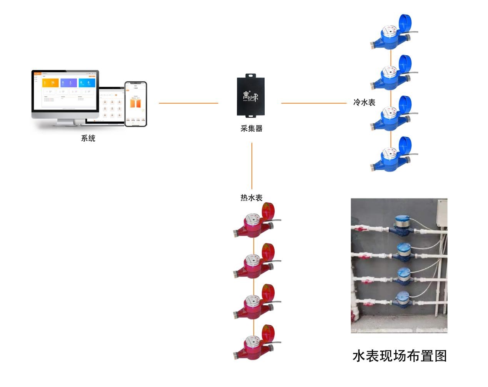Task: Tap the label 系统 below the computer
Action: click(x=88, y=138)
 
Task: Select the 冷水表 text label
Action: click(x=364, y=103)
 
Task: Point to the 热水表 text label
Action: click(x=251, y=198)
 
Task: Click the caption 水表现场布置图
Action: click(x=400, y=356)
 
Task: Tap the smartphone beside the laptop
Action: click(x=135, y=104)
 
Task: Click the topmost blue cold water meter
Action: click(x=390, y=36)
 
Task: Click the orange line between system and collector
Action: click(x=188, y=103)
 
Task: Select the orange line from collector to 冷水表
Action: click(x=314, y=103)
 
